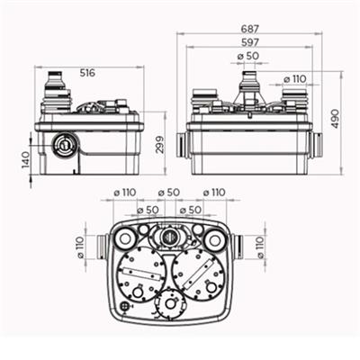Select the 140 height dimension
26,162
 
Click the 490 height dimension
336,117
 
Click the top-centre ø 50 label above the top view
169,193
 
